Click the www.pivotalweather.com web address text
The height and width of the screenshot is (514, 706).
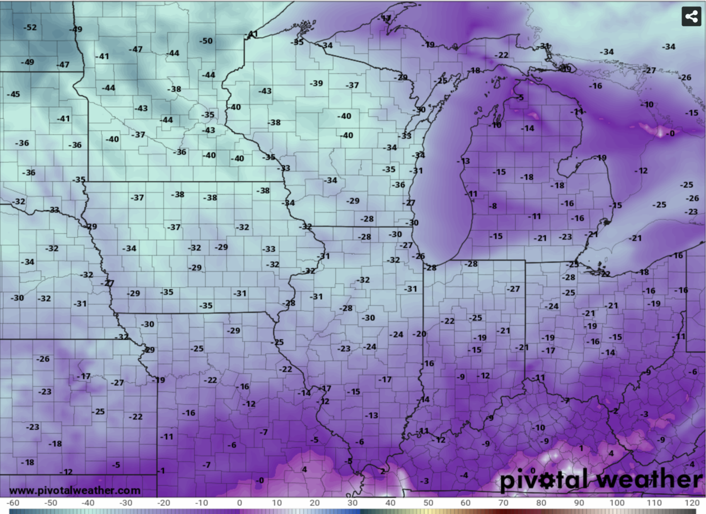75,490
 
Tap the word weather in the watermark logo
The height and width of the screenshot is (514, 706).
649,480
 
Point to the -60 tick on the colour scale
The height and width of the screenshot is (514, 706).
13,503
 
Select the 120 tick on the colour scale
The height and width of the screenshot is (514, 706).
692,503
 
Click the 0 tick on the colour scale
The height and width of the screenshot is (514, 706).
239,503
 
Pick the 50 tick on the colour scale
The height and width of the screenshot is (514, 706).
428,503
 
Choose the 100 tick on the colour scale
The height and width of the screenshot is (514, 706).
616,503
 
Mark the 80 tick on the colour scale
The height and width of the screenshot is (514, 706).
541,503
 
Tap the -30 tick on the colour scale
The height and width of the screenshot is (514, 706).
126,503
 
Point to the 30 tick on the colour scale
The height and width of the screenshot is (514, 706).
352,503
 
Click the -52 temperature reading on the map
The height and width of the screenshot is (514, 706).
30,27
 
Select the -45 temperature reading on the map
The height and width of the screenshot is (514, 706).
14,94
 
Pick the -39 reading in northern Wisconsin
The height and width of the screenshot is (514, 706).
316,83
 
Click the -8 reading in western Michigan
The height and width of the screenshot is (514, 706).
493,206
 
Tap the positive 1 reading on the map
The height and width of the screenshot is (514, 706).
582,448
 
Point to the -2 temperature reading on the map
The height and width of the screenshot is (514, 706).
614,411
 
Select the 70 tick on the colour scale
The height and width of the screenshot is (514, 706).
503,503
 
